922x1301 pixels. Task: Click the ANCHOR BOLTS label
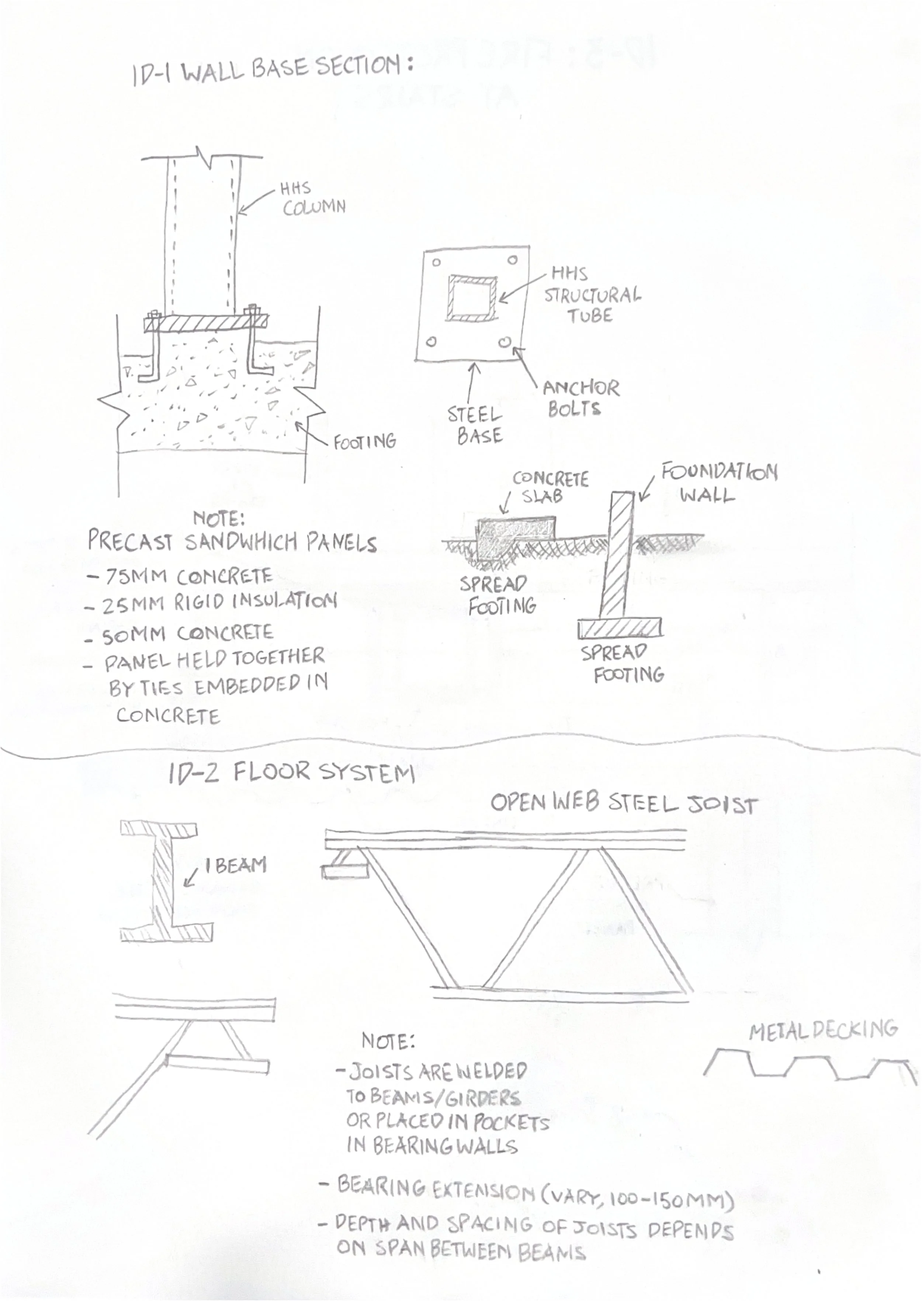(x=579, y=398)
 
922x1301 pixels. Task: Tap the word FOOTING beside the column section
(x=364, y=441)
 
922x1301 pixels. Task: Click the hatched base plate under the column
(x=205, y=324)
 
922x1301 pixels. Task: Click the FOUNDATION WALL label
(x=718, y=483)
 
